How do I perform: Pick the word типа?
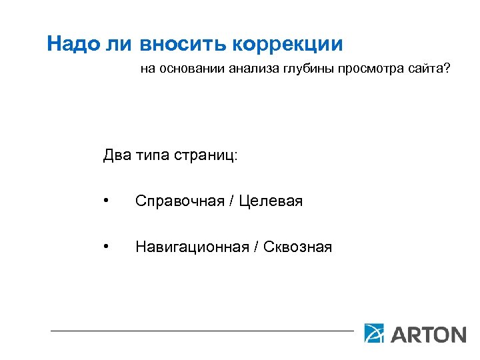pyautogui.click(x=153, y=156)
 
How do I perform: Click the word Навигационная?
pyautogui.click(x=189, y=247)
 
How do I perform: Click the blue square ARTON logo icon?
pyautogui.click(x=374, y=333)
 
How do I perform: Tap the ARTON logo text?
pyautogui.click(x=427, y=334)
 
